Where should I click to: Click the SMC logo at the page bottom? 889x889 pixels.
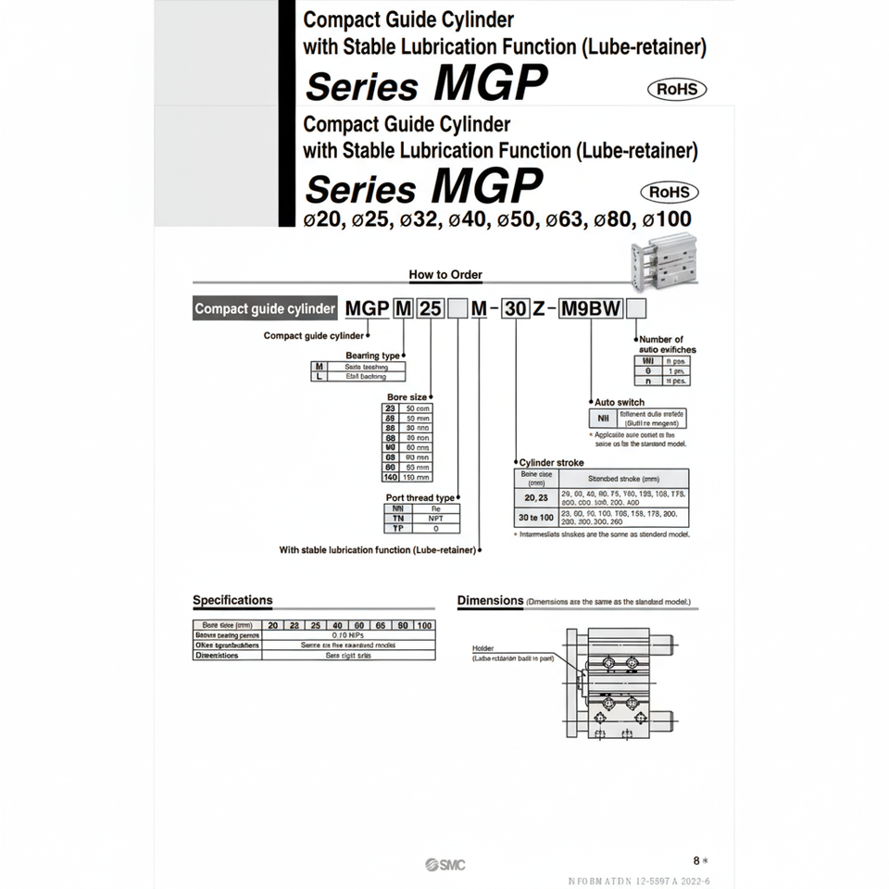click(x=445, y=865)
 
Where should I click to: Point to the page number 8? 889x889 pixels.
click(x=696, y=860)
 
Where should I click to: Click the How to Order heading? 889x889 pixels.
click(x=445, y=275)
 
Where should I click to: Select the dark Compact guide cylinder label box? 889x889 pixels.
click(x=265, y=309)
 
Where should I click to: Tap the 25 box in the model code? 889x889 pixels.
click(x=431, y=309)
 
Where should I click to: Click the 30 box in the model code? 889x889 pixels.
click(x=514, y=309)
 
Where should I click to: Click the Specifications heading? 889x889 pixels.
click(x=232, y=600)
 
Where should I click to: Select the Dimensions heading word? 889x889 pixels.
click(x=490, y=600)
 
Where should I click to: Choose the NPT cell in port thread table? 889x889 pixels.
click(x=434, y=519)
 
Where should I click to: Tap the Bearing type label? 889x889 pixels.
click(x=372, y=356)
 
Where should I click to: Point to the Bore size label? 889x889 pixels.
click(x=406, y=396)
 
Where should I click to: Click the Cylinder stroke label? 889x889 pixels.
click(x=551, y=461)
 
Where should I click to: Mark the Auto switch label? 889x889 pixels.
click(x=619, y=402)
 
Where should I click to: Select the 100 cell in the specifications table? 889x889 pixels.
click(x=424, y=626)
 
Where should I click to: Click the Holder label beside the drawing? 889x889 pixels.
click(x=483, y=648)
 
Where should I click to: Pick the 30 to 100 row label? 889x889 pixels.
click(x=536, y=517)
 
